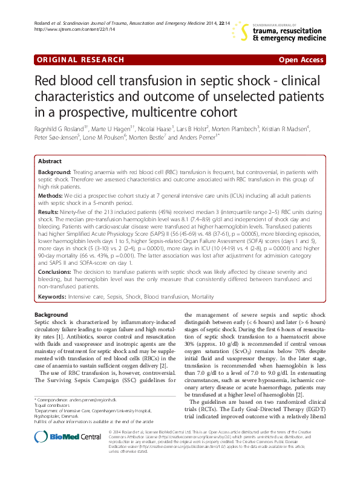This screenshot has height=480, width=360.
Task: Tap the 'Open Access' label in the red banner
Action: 301,60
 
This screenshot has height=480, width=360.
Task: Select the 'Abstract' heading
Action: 50,161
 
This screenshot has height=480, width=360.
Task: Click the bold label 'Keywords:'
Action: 52,297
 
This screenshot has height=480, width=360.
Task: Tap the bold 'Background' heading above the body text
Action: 51,316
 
